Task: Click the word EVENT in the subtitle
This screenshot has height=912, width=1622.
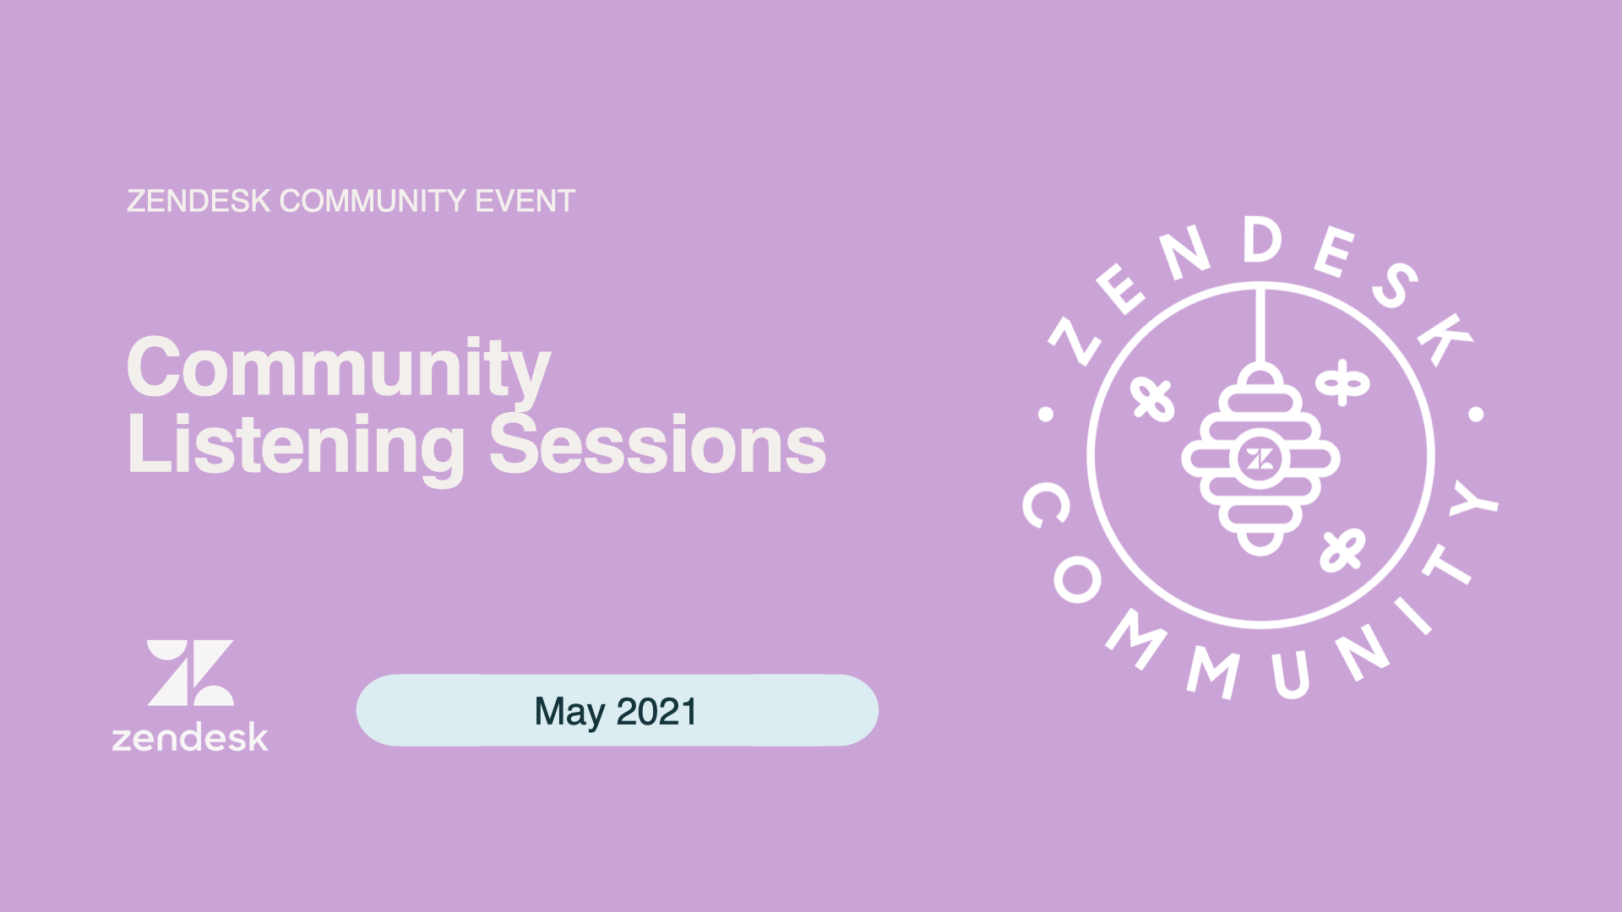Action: pos(525,201)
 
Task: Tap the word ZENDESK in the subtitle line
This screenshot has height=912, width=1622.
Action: pos(199,201)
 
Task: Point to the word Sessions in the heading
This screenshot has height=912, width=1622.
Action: pos(657,445)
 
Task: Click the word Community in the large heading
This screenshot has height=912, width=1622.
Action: pos(338,368)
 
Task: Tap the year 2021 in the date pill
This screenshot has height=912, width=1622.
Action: pos(656,711)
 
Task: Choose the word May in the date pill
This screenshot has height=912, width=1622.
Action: pos(569,714)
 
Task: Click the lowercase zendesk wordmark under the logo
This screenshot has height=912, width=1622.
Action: pos(190,737)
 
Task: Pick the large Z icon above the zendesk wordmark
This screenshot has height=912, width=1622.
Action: pos(190,672)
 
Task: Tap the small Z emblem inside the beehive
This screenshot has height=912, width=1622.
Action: pos(1260,459)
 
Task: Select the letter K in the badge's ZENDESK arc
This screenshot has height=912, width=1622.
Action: pos(1445,339)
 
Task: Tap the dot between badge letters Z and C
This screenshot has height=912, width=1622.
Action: pos(1046,414)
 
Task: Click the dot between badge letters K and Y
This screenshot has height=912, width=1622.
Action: pos(1476,414)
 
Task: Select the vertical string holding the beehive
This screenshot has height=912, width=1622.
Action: pos(1260,326)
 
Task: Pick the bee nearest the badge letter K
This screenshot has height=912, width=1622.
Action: pos(1342,383)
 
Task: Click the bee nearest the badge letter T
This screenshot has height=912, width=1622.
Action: pos(1342,550)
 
